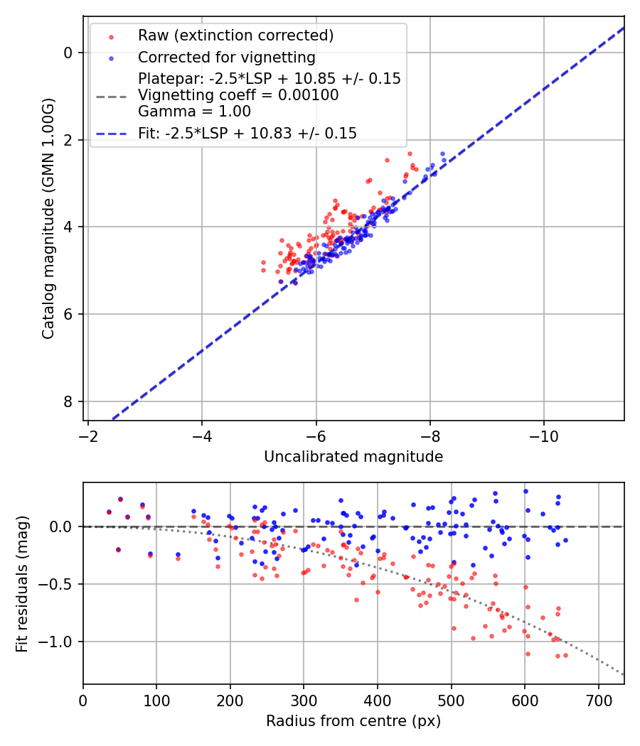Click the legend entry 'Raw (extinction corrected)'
tap(235, 36)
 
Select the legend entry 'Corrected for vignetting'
tap(227, 57)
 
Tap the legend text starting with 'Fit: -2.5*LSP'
tap(247, 133)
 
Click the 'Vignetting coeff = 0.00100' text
tap(238, 95)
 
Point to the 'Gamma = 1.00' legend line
tap(194, 112)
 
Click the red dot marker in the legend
tap(111, 36)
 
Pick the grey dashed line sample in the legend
tap(111, 95)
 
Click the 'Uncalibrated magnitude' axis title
tap(353, 457)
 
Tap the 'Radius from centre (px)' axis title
tap(353, 721)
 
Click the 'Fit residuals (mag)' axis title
tap(22, 583)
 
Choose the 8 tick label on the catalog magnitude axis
tap(68, 402)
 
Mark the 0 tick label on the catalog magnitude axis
tap(68, 53)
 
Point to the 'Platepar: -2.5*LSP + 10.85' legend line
tap(270, 79)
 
